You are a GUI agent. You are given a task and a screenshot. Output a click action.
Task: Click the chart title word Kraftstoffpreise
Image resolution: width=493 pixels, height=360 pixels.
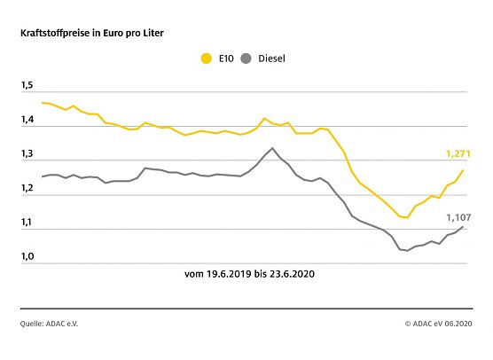point(57,33)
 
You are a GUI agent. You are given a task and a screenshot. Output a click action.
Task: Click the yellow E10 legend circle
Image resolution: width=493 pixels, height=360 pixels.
point(207,59)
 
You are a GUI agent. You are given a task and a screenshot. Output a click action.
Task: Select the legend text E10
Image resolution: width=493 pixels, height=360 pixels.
point(225,59)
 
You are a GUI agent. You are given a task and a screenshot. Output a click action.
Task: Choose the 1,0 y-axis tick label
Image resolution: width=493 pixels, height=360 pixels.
point(27,258)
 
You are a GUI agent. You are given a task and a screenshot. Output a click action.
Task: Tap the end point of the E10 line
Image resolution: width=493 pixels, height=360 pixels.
point(463,170)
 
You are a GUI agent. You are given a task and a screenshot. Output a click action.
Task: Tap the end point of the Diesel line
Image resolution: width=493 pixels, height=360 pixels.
point(463,226)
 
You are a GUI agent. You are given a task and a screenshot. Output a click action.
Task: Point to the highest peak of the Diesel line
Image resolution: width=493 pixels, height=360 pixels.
point(272,148)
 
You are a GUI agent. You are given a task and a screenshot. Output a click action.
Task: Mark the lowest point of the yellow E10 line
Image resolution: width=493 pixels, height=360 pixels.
point(406,217)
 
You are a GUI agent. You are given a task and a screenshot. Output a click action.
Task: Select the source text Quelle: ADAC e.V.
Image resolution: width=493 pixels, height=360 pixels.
point(50,325)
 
